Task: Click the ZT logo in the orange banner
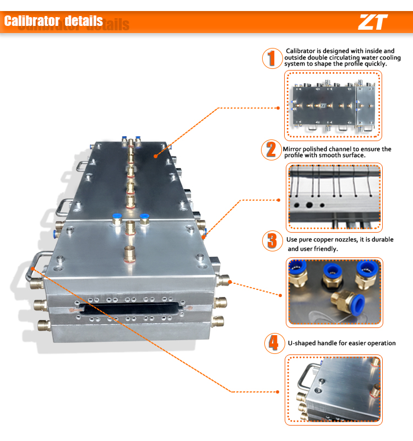[373, 22]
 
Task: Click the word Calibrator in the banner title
[32, 21]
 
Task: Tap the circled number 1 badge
[272, 58]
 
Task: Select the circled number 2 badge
[271, 150]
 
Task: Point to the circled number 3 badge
[272, 241]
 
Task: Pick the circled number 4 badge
[274, 343]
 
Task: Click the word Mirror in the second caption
[292, 149]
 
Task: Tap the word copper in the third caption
[323, 240]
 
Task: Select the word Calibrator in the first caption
[300, 51]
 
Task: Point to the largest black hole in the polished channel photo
[309, 205]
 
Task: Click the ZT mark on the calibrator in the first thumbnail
[323, 106]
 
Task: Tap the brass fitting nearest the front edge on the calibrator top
[130, 254]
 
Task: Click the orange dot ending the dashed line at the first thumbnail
[278, 108]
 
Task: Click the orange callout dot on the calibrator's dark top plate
[155, 156]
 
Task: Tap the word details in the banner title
[84, 21]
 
